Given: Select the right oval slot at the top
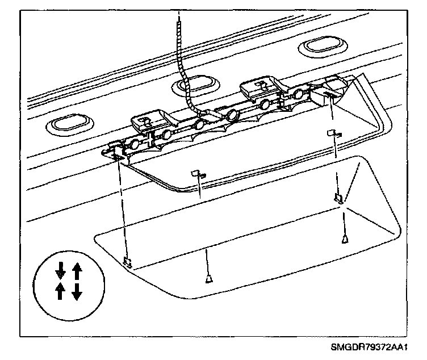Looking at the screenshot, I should (x=321, y=46).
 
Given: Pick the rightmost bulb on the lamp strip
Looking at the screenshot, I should (x=296, y=94).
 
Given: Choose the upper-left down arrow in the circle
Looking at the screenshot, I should (x=60, y=269).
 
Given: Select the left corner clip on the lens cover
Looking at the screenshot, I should (x=128, y=262).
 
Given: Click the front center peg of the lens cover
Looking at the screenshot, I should (x=209, y=278).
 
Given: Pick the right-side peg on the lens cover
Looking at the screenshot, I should (x=344, y=240).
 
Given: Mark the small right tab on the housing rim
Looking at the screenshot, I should (x=333, y=133).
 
